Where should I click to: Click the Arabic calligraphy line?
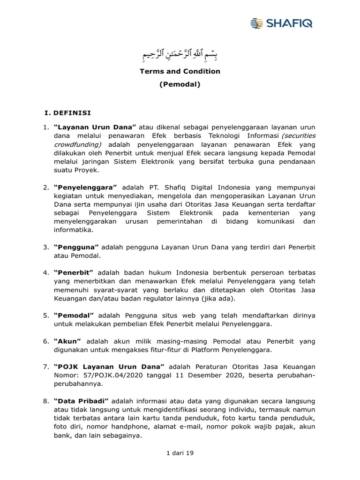180,55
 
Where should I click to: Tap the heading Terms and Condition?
180,71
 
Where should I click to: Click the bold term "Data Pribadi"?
81,401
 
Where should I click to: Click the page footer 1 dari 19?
180,453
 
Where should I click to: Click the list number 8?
46,401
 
